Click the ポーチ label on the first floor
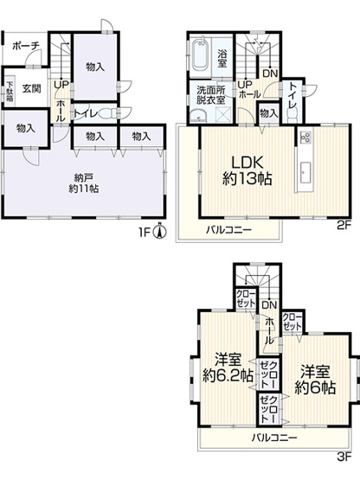pos(25,45)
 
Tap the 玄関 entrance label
pos(31,87)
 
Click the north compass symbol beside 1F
pos(158,232)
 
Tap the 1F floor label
pos(145,232)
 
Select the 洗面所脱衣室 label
pos(211,94)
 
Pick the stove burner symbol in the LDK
pos(305,137)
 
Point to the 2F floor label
pos(342,227)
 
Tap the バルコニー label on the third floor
pos(275,438)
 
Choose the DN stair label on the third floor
pos(268,305)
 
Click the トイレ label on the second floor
pos(294,95)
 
